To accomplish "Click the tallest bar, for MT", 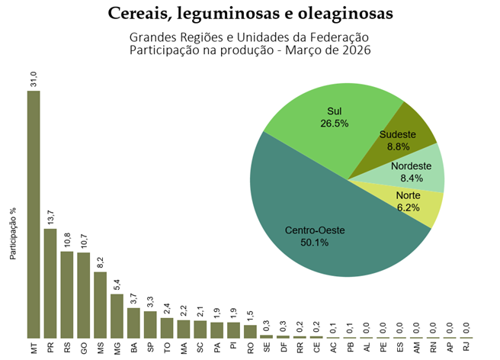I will point(34,214).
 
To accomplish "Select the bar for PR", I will point(50,282).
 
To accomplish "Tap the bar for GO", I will point(84,294).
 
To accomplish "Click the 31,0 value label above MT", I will point(34,78).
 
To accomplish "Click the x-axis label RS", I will point(67,348).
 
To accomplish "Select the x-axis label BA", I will point(133,348).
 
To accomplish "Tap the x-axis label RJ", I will point(466,348).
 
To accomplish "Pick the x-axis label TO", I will point(167,348).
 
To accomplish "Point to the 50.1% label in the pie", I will point(314,243).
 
